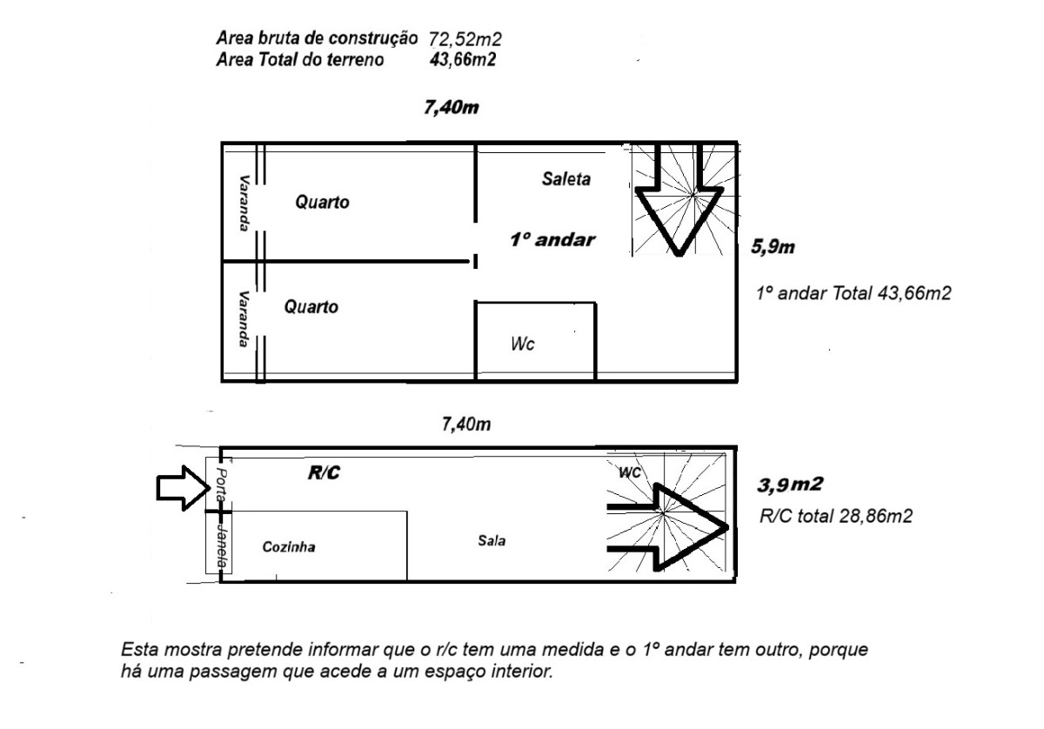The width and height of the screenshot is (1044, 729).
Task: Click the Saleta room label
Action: click(565, 180)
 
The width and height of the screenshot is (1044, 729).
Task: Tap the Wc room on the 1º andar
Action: click(522, 344)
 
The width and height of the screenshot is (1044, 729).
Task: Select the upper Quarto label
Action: click(322, 203)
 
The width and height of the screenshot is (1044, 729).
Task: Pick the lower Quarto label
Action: click(311, 307)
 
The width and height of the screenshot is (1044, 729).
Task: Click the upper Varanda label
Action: click(244, 204)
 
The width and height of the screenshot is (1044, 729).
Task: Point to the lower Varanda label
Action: click(244, 318)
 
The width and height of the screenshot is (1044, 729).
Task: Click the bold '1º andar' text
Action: click(552, 240)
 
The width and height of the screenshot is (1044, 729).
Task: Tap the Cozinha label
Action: click(289, 547)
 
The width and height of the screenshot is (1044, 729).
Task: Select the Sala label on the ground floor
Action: click(492, 540)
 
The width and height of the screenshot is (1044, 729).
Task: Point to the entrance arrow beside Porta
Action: click(179, 489)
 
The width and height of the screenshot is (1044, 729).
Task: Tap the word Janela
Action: click(223, 545)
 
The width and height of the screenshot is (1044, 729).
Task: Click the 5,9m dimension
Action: click(773, 248)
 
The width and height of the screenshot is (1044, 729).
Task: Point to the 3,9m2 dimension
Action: click(786, 485)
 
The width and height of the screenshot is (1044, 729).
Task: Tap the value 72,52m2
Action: click(465, 39)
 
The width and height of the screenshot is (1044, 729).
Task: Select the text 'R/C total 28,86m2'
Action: click(835, 516)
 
